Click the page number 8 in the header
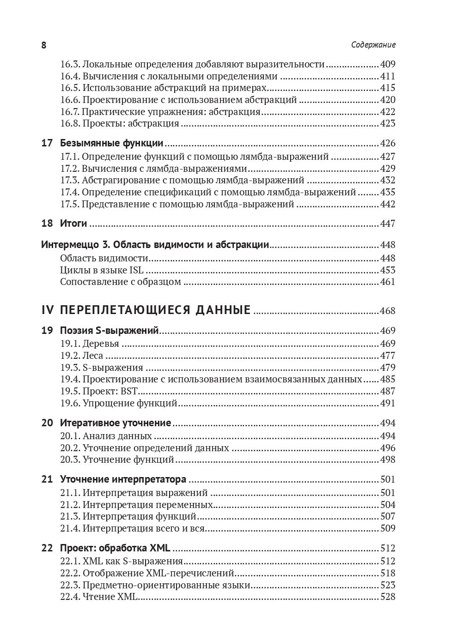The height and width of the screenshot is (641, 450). pyautogui.click(x=44, y=45)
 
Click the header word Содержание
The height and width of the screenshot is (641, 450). pyautogui.click(x=373, y=45)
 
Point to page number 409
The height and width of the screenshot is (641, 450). pyautogui.click(x=388, y=65)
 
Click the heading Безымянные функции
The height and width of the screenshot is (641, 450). pyautogui.click(x=112, y=143)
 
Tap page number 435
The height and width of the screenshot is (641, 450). pyautogui.click(x=388, y=192)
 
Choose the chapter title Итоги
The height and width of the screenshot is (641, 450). pyautogui.click(x=73, y=224)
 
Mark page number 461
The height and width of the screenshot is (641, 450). pyautogui.click(x=388, y=282)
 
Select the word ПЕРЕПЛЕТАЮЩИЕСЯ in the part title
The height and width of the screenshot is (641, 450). pyautogui.click(x=125, y=310)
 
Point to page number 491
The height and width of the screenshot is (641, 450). pyautogui.click(x=388, y=403)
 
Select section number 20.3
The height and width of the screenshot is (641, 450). pyautogui.click(x=70, y=460)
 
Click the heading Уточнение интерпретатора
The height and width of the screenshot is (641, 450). pyautogui.click(x=123, y=479)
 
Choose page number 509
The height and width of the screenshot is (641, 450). pyautogui.click(x=388, y=528)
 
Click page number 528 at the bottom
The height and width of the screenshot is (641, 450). pyautogui.click(x=388, y=597)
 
